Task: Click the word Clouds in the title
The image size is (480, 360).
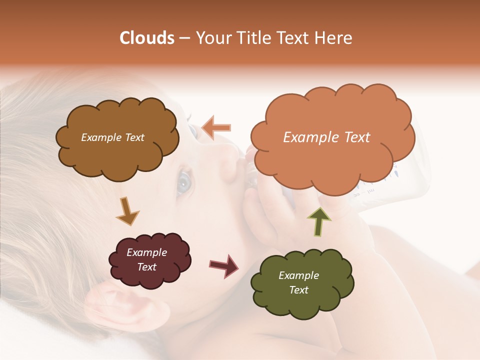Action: pos(147,38)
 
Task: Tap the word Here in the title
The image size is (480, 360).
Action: pos(333,38)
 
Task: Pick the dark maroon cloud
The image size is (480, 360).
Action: pos(148,260)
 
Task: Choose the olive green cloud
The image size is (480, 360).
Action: pos(301,283)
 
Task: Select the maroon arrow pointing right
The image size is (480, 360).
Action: pos(224,265)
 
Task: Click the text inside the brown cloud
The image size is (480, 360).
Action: pos(112,137)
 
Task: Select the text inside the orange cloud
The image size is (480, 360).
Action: pos(326,137)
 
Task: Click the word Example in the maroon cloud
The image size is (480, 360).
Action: pos(146,252)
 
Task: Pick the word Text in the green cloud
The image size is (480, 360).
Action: pos(298,290)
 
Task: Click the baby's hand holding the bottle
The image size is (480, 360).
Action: pos(270,210)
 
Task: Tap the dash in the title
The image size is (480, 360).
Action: pos(183,38)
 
